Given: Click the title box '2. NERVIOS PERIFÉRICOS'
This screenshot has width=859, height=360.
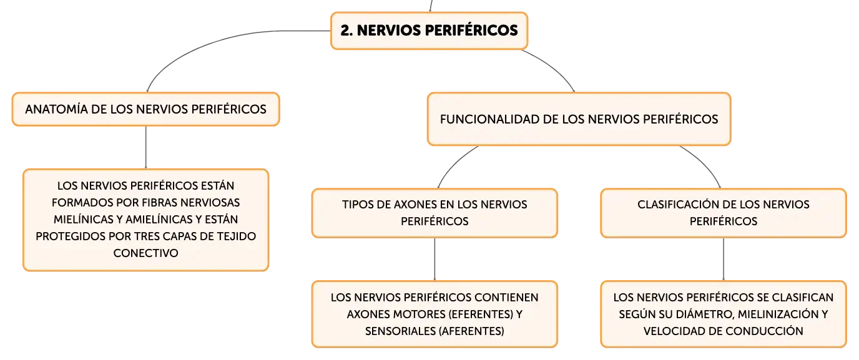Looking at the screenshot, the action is point(429,31).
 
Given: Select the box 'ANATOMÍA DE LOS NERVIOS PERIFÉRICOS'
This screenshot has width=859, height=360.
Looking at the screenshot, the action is point(145,109).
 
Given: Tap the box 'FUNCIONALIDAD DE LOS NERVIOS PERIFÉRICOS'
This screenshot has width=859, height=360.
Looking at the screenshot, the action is point(579,119).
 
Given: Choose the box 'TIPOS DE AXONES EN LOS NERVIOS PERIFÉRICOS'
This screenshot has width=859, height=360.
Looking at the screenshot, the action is point(434,213).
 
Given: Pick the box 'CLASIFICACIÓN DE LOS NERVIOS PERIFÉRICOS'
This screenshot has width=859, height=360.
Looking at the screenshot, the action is point(724,213).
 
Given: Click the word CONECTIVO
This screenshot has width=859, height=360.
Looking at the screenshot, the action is point(145,253).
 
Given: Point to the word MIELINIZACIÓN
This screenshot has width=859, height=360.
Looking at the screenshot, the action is point(778,314).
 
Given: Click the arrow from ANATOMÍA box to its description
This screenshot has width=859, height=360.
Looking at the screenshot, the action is point(145,148).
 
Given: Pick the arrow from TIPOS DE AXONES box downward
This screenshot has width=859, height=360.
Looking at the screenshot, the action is point(434,260).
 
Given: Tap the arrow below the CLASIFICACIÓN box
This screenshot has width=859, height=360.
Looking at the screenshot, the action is point(724,260).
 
